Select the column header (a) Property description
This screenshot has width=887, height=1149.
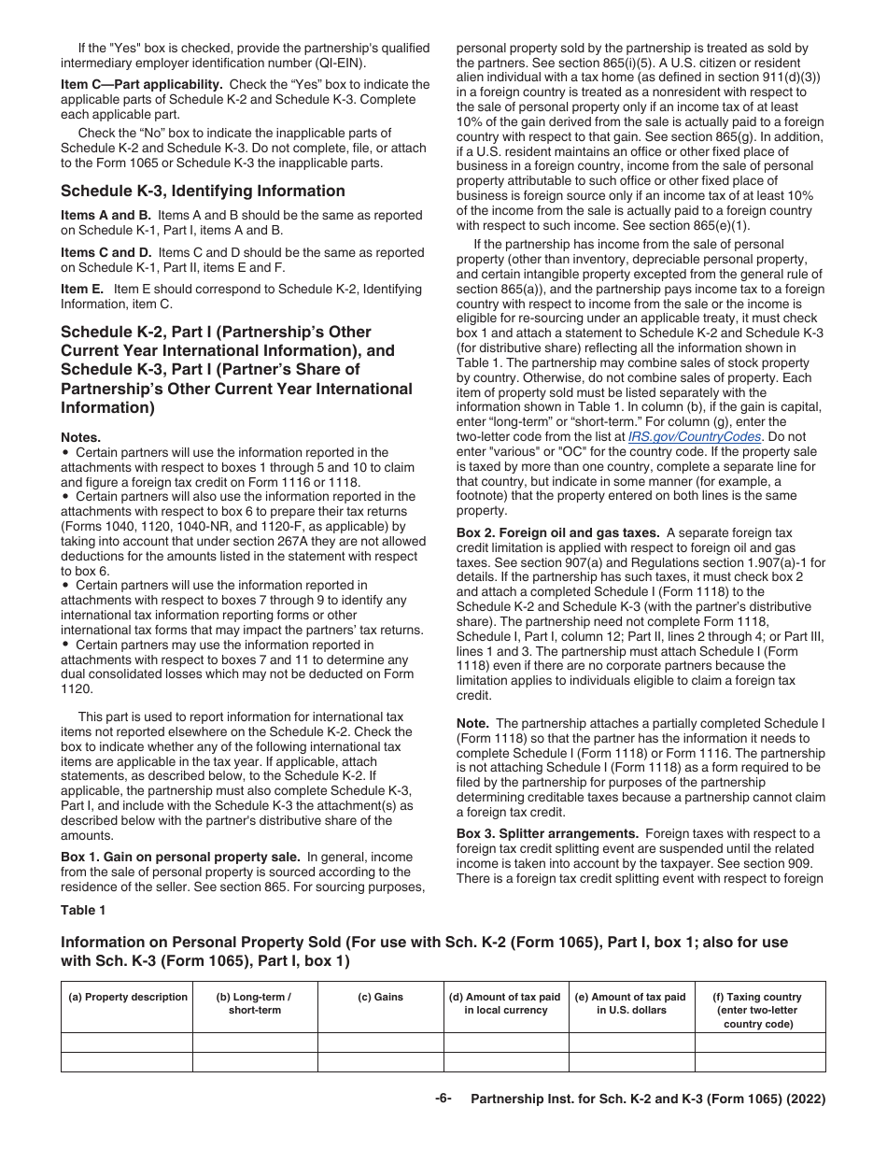(128, 997)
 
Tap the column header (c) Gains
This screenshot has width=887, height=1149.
(381, 997)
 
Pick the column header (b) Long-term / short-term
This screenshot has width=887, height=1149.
(254, 1003)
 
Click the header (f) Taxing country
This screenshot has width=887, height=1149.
(760, 1010)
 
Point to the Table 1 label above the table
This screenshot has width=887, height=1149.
(83, 910)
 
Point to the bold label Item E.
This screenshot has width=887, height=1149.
(83, 290)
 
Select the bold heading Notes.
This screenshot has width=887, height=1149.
(81, 437)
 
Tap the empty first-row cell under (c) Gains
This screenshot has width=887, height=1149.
(381, 1043)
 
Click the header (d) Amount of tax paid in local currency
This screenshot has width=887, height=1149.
(506, 1003)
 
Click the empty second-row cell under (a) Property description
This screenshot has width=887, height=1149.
(128, 1062)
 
